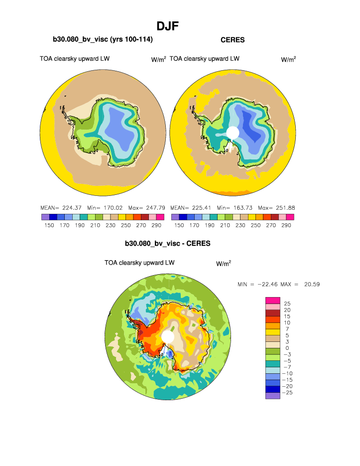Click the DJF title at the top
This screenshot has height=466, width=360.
click(x=168, y=25)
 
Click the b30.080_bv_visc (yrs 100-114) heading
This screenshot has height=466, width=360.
click(x=103, y=39)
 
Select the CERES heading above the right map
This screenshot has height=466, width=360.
click(x=233, y=39)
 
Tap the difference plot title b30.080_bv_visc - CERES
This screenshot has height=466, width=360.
click(x=168, y=244)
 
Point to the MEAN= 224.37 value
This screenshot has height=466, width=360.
click(x=56, y=207)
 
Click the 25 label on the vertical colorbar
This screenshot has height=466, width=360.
click(x=287, y=304)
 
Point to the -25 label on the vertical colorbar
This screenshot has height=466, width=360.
click(x=288, y=393)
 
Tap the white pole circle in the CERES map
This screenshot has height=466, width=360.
click(x=233, y=133)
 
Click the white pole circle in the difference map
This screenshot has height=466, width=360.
click(x=168, y=337)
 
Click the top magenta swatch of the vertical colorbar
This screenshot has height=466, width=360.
click(x=273, y=301)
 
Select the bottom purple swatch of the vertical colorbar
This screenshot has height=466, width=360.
click(x=273, y=396)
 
